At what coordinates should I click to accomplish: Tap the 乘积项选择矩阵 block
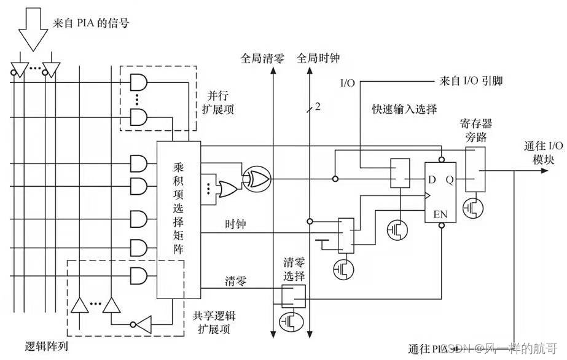pos(178,219)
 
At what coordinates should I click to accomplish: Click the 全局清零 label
pos(262,58)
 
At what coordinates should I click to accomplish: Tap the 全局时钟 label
pos(318,58)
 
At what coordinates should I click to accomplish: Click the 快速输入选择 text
pos(404,109)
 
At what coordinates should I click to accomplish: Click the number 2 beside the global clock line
pos(318,108)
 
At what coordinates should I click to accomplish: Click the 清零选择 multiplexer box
pos(293,297)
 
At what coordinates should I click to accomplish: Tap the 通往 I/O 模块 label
pos(542,151)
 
